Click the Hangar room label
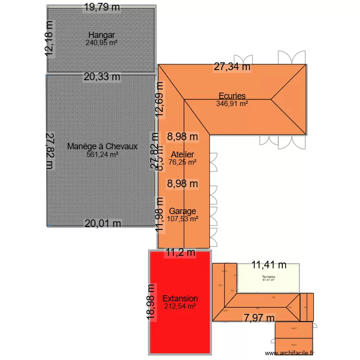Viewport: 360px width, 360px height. (x=101, y=35)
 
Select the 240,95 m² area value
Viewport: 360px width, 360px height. (x=101, y=42)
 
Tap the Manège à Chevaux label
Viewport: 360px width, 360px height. (x=102, y=146)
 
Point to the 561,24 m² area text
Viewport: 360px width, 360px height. (x=102, y=155)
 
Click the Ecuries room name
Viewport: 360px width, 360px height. (x=232, y=96)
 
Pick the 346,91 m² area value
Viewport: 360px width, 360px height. (x=232, y=103)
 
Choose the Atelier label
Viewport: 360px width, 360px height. (x=182, y=155)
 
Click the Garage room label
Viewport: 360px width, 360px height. (x=182, y=211)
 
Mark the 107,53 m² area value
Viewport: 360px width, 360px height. (x=182, y=219)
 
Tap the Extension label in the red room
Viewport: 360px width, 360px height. (x=180, y=299)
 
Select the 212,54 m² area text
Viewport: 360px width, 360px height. (x=180, y=306)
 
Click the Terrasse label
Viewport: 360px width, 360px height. (x=268, y=277)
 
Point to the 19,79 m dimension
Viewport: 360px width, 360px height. (x=101, y=7)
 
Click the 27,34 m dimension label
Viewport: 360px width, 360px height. (x=232, y=67)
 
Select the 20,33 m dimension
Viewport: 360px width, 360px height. (x=102, y=76)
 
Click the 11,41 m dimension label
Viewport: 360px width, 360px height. (x=269, y=264)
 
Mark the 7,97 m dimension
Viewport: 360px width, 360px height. (x=259, y=318)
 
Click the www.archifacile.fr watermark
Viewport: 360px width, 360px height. (x=288, y=354)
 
